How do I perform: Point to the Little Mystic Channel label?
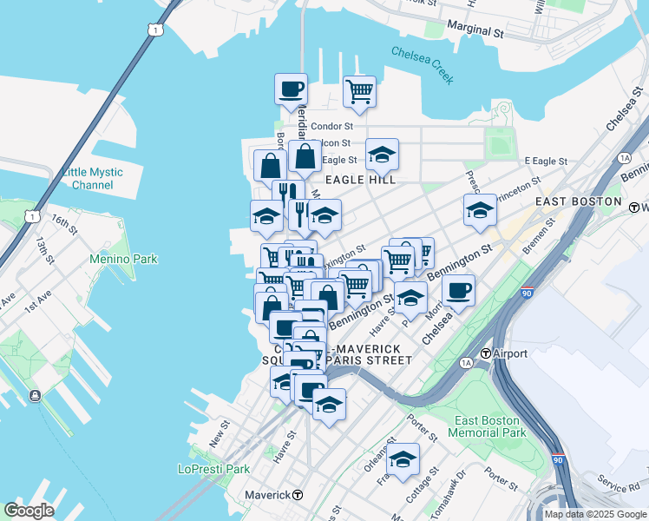tap(93, 178)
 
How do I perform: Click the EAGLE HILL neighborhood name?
tap(360, 180)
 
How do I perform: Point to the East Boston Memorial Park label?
tap(488, 426)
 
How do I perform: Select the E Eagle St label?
tap(546, 162)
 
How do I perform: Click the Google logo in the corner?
tap(29, 511)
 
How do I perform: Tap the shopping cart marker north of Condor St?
tap(359, 91)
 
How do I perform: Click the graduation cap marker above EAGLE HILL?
tap(382, 155)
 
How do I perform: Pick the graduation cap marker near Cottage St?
tap(403, 460)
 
